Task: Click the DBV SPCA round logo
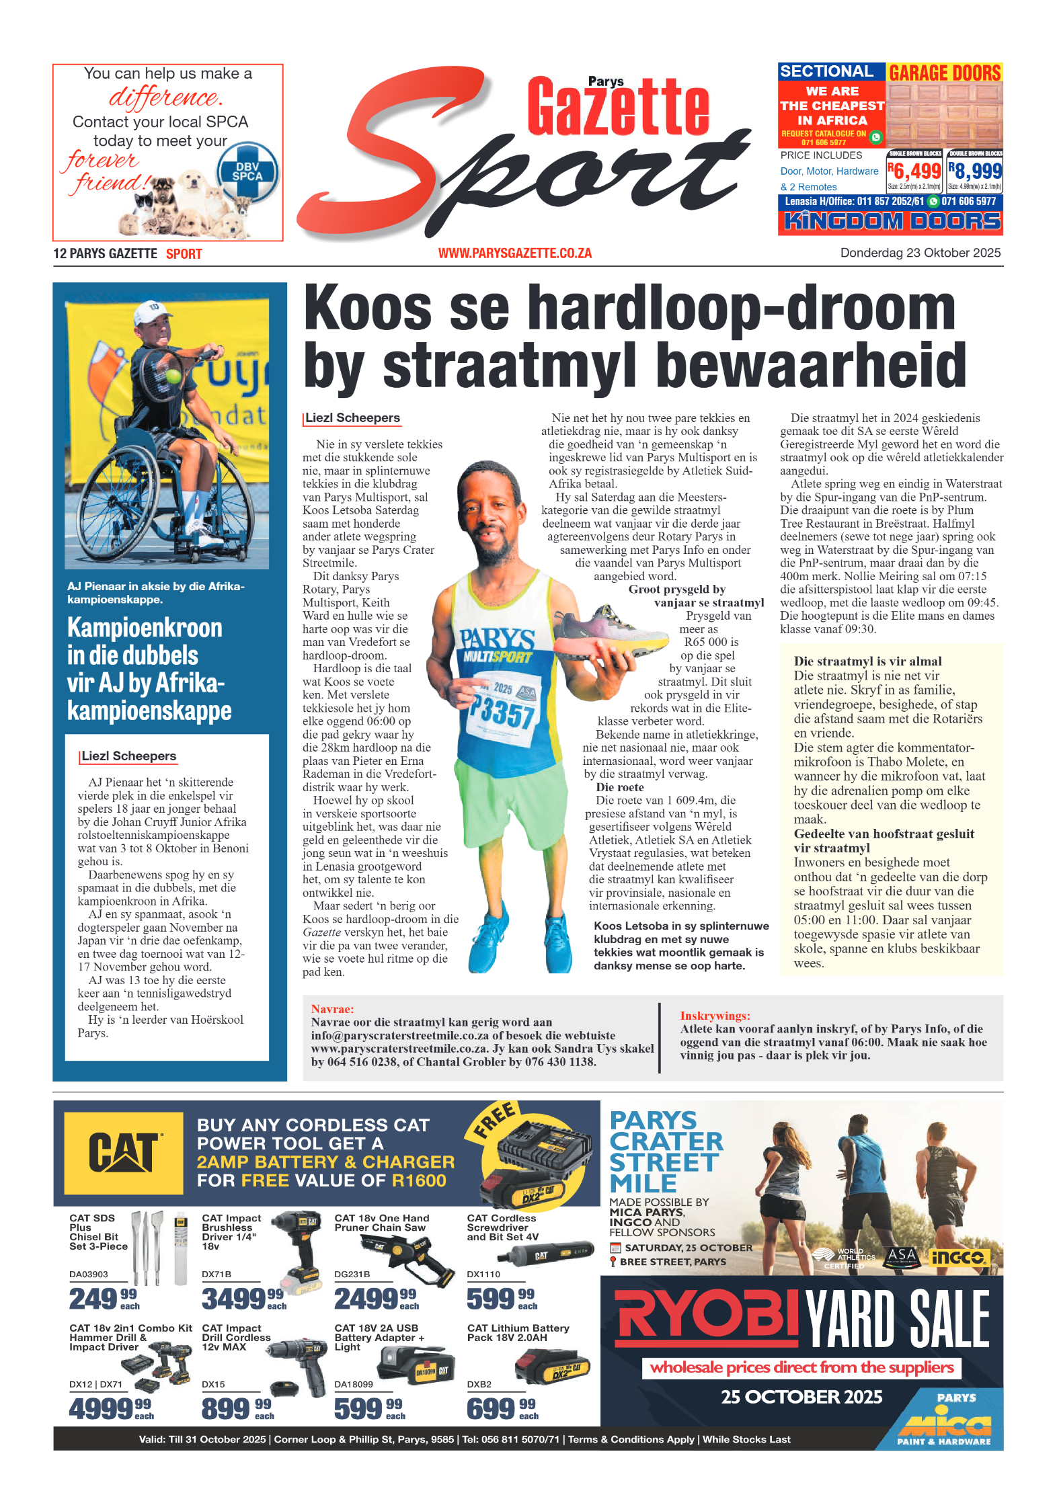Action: [247, 172]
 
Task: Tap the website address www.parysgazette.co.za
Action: [514, 253]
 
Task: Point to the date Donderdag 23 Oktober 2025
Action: [920, 253]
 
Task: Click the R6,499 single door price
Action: [914, 171]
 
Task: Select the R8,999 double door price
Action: [974, 171]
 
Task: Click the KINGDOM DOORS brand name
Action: [891, 221]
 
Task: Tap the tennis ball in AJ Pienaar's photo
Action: [173, 375]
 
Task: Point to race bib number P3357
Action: [503, 712]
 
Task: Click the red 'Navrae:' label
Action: [332, 1008]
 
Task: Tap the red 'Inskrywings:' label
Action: [715, 1016]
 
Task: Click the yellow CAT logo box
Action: [124, 1152]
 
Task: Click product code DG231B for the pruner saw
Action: [350, 1274]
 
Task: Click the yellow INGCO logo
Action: [957, 1256]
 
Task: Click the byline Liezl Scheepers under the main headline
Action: [352, 418]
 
